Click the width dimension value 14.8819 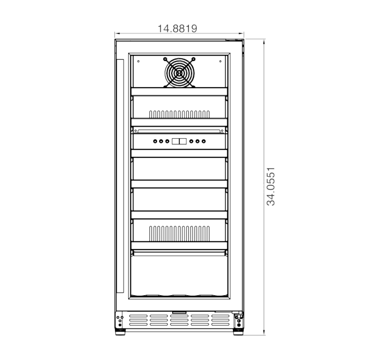coord(177,28)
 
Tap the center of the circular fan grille coord(179,72)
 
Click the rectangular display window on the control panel coord(179,142)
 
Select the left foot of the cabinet coord(122,332)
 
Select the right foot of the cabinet coord(237,332)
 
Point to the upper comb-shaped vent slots coord(179,113)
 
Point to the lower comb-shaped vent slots coord(179,232)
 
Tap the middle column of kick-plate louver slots coord(179,319)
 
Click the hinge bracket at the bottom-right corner coord(238,319)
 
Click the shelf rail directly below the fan coord(179,92)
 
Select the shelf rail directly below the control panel coord(179,152)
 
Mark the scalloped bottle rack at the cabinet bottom coord(179,295)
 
